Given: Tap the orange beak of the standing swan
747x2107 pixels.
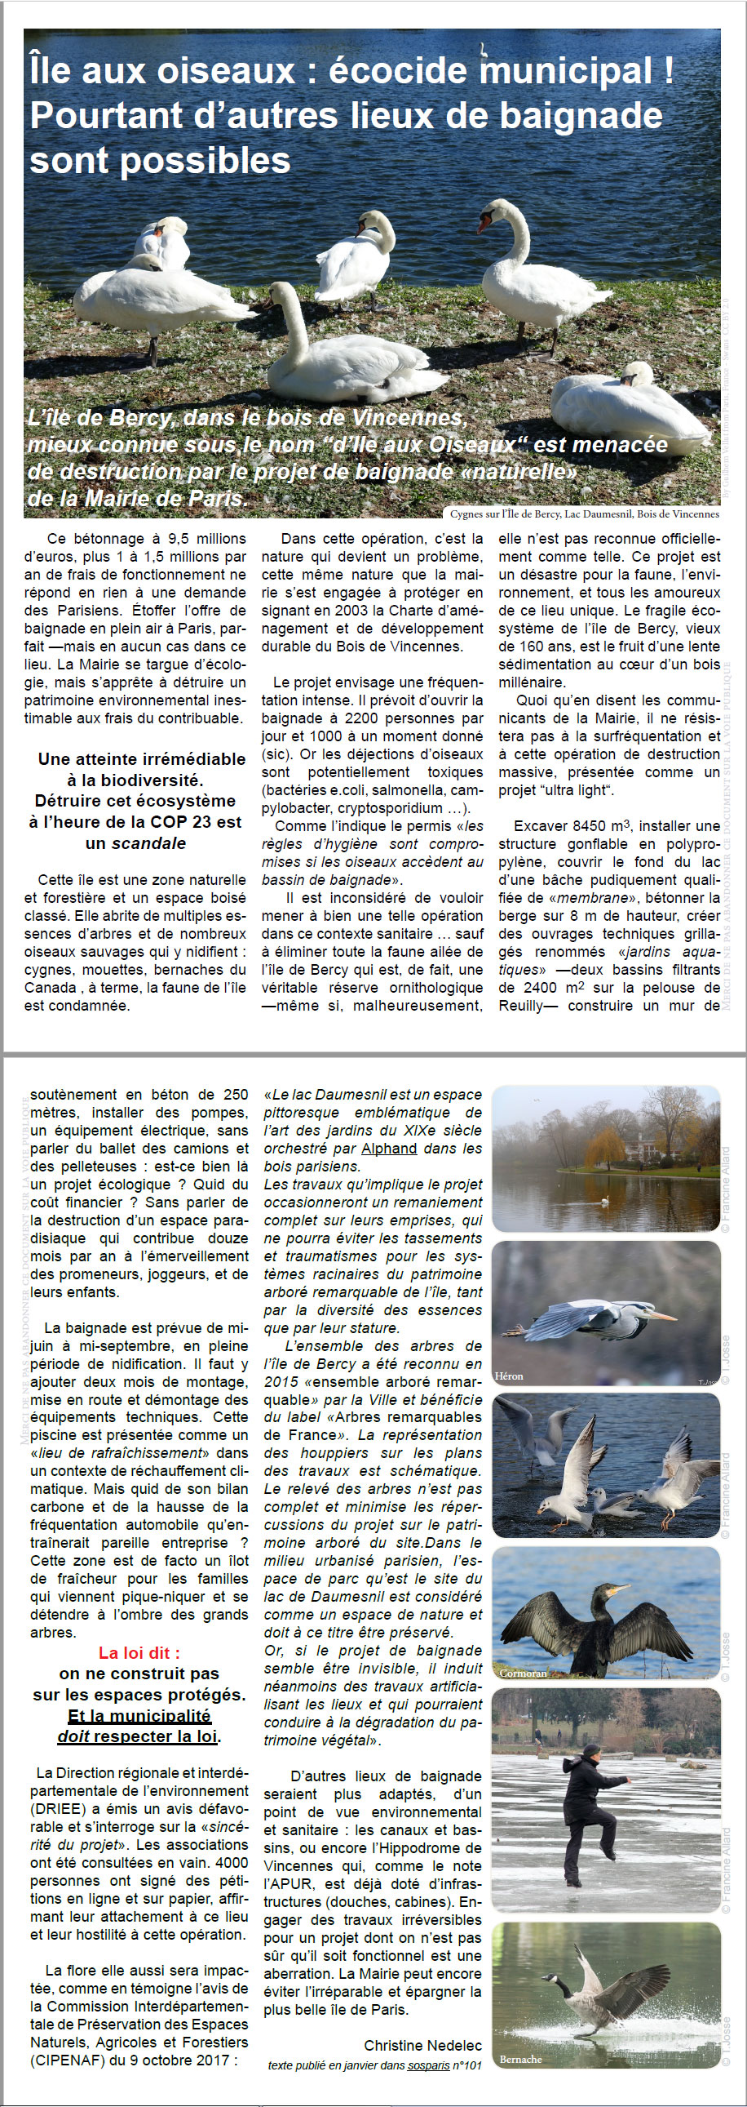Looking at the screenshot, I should pos(484,221).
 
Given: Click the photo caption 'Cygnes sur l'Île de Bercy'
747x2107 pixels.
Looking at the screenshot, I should pos(585,513).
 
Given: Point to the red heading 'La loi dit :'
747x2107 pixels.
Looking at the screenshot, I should pos(139,1652).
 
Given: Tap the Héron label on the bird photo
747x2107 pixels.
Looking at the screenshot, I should pos(508,1376).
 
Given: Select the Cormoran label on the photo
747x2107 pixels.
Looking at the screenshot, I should pos(523,1673).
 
